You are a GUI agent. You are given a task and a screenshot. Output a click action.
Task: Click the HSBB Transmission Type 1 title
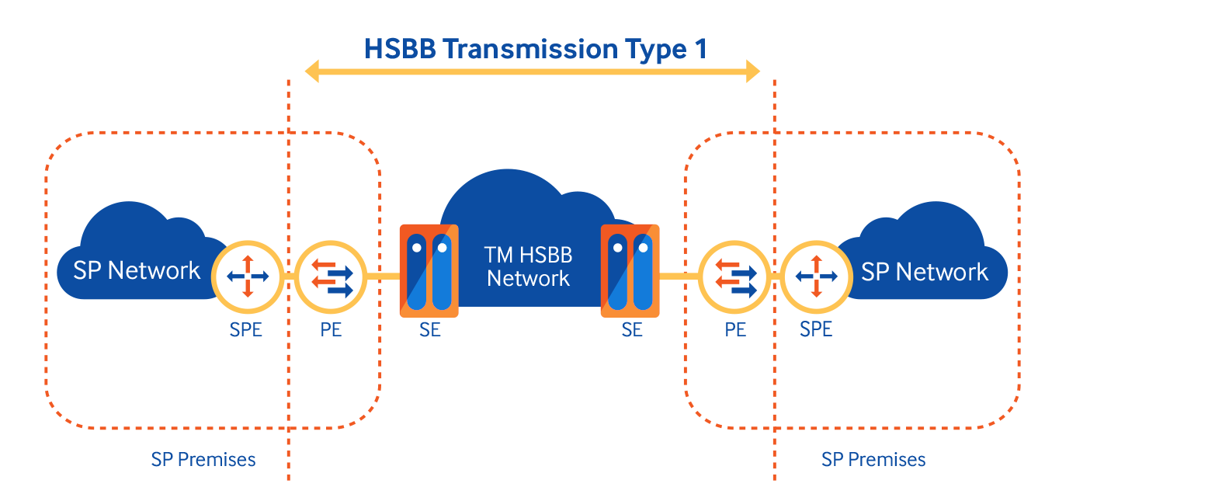535,50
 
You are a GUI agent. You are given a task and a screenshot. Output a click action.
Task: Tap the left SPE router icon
247,276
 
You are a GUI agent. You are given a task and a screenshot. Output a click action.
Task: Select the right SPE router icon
816,276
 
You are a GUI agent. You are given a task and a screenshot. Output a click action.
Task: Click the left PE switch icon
331,276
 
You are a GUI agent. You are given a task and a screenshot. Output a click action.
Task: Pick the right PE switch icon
734,276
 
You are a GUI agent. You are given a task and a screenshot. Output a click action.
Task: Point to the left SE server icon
429,270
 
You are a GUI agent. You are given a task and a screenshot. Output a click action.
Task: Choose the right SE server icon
630,270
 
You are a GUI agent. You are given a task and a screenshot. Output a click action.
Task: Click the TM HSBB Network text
528,266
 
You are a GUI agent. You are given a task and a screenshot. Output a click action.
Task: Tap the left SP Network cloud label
137,270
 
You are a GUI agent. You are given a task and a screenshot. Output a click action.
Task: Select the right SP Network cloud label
925,272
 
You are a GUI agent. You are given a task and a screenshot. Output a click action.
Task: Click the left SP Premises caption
203,459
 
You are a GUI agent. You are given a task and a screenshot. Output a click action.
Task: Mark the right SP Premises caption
873,459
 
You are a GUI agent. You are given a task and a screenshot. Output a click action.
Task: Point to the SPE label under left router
246,329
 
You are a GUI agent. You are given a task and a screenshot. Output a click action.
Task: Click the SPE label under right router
816,329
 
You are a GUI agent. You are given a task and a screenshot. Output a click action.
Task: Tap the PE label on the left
331,329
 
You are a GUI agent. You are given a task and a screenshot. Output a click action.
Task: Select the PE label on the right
735,329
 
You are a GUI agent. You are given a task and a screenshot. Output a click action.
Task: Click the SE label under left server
429,329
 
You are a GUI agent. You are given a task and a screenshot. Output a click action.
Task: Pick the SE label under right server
632,329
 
